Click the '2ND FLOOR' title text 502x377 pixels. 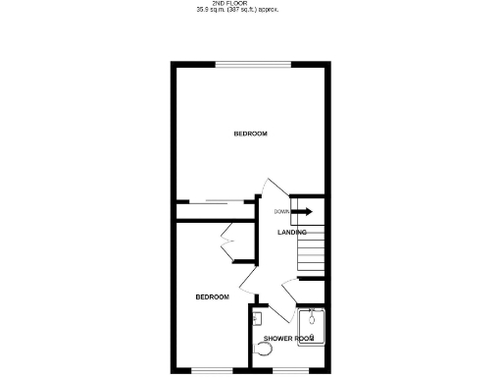click(251, 3)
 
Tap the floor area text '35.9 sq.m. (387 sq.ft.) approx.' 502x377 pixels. click(251, 10)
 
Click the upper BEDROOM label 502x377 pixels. click(250, 134)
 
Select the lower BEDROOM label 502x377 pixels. click(212, 296)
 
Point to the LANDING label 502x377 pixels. click(291, 233)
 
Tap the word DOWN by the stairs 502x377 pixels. click(281, 211)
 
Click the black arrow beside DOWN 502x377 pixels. click(302, 211)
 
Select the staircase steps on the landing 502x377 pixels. click(310, 256)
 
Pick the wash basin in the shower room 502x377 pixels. click(256, 318)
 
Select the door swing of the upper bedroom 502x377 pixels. click(272, 189)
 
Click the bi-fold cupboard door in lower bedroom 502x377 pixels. click(228, 242)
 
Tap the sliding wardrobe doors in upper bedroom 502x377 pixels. click(218, 203)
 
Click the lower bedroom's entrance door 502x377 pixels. click(247, 285)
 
